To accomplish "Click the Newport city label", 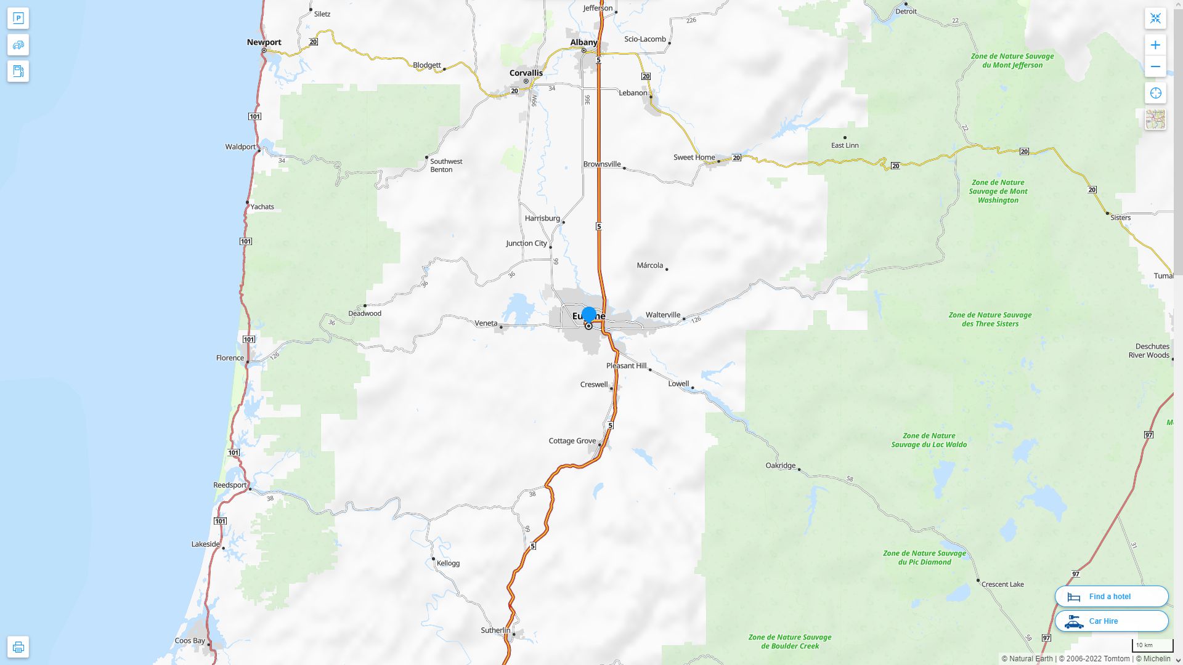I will point(264,42).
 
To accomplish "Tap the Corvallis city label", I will point(526,73).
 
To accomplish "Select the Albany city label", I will point(583,42).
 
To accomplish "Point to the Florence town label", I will point(230,358).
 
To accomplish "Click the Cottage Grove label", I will point(572,441).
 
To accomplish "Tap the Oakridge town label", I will point(780,465).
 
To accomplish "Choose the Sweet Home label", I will point(694,157).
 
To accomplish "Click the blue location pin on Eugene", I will point(588,315).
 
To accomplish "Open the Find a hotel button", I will point(1111,597).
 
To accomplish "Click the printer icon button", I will point(18,647).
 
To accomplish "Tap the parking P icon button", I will point(18,18).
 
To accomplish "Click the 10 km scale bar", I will point(1152,646).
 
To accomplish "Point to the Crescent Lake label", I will point(1002,584).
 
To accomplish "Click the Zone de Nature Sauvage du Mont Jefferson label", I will point(1012,60).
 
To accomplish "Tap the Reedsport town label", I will point(230,485).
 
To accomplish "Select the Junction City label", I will point(526,243).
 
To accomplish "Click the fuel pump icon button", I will point(18,71).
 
